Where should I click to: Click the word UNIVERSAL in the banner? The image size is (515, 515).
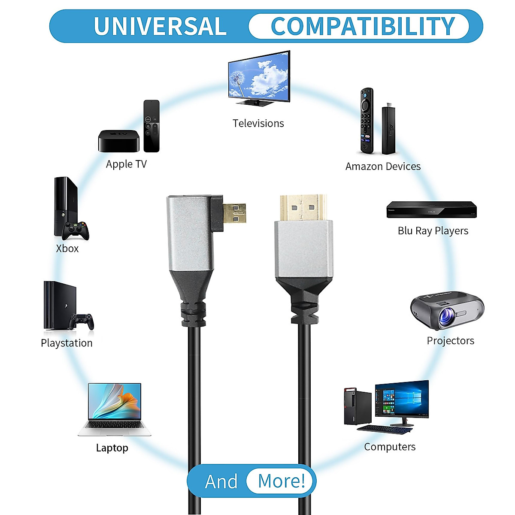pyautogui.click(x=160, y=26)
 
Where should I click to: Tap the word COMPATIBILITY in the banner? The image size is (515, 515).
pyautogui.click(x=363, y=26)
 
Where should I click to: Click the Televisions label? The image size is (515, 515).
pyautogui.click(x=258, y=124)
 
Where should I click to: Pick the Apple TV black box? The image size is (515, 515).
pyautogui.click(x=119, y=141)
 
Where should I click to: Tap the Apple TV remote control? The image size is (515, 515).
pyautogui.click(x=151, y=126)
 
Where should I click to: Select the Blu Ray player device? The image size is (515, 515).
pyautogui.click(x=431, y=210)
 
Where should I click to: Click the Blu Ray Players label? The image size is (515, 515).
pyautogui.click(x=433, y=231)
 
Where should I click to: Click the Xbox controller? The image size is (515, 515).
pyautogui.click(x=76, y=230)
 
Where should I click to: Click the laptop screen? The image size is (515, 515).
pyautogui.click(x=115, y=402)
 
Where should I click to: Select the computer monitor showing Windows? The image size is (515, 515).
pyautogui.click(x=402, y=399)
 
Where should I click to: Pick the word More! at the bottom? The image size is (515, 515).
pyautogui.click(x=282, y=481)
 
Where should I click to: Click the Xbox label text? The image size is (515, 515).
pyautogui.click(x=67, y=248)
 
